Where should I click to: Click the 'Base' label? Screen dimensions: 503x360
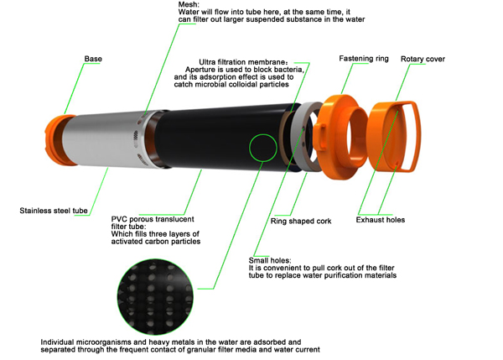click(93, 59)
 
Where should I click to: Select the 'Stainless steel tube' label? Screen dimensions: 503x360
click(54, 211)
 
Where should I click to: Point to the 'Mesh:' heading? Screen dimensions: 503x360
click(189, 4)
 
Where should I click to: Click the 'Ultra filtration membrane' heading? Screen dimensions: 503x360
click(243, 62)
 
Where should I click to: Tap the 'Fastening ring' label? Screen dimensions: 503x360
click(364, 59)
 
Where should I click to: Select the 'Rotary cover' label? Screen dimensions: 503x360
click(423, 59)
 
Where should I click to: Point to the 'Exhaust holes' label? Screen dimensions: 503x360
click(381, 220)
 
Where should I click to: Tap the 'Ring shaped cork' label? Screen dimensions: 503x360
click(301, 222)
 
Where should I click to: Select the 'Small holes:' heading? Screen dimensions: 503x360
click(270, 260)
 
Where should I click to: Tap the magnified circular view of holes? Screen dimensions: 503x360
click(156, 297)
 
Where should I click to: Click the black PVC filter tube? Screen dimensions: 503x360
click(225, 138)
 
